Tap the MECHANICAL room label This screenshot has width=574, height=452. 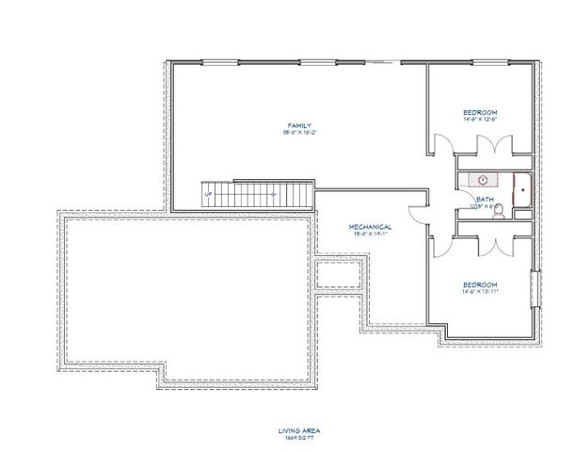tap(370, 228)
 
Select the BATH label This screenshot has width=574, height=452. tap(486, 199)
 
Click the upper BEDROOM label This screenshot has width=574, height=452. tap(480, 112)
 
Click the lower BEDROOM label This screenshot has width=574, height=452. tap(480, 283)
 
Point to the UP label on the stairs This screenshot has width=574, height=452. tap(209, 193)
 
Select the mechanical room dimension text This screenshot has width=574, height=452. tap(370, 235)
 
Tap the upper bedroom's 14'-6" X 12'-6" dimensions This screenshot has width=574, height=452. tap(480, 120)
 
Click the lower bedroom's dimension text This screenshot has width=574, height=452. tap(480, 291)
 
